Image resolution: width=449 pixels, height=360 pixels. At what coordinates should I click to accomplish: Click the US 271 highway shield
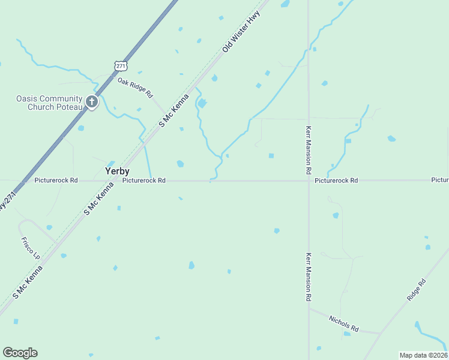tap(121, 65)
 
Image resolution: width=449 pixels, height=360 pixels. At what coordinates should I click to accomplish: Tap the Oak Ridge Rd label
tap(136, 88)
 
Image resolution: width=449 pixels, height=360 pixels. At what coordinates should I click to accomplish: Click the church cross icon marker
tap(91, 102)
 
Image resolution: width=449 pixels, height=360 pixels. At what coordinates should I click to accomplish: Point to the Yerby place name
tap(117, 171)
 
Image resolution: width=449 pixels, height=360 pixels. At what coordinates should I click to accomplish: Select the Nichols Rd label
tap(343, 324)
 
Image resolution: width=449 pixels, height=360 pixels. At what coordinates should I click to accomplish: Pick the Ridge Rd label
tap(416, 289)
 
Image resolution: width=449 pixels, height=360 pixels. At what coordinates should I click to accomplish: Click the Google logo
tap(20, 353)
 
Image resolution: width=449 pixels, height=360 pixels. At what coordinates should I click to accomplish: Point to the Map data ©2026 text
tap(423, 355)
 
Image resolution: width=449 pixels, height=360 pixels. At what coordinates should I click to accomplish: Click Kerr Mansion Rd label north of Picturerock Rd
tap(309, 146)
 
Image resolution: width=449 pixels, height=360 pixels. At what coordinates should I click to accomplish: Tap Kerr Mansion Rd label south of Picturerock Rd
tap(309, 276)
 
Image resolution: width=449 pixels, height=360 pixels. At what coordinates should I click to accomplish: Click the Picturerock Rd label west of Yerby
tap(56, 180)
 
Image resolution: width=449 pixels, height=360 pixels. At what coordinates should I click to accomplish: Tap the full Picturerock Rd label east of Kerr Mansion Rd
tap(336, 180)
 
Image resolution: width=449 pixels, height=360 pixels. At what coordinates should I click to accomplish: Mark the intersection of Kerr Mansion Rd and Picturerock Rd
tap(309, 180)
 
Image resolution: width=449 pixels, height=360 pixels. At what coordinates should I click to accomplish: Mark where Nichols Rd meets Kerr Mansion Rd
tap(309, 308)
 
